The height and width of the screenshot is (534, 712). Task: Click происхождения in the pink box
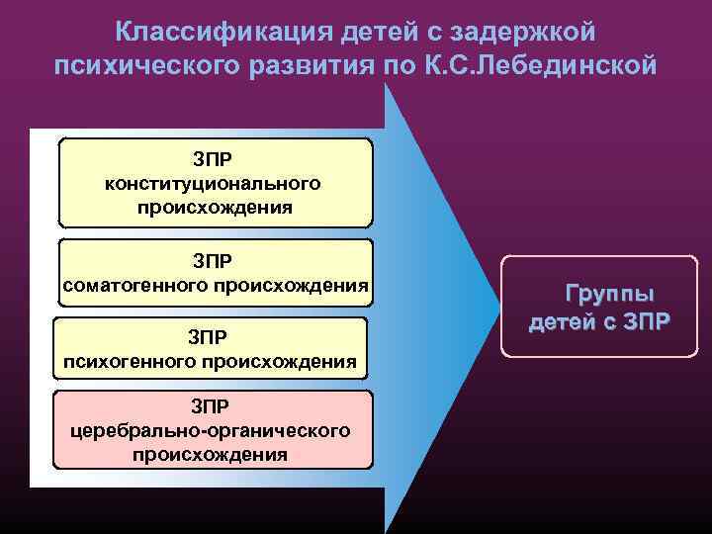[210, 455]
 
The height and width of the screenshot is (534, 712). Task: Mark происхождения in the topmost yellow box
[215, 208]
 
